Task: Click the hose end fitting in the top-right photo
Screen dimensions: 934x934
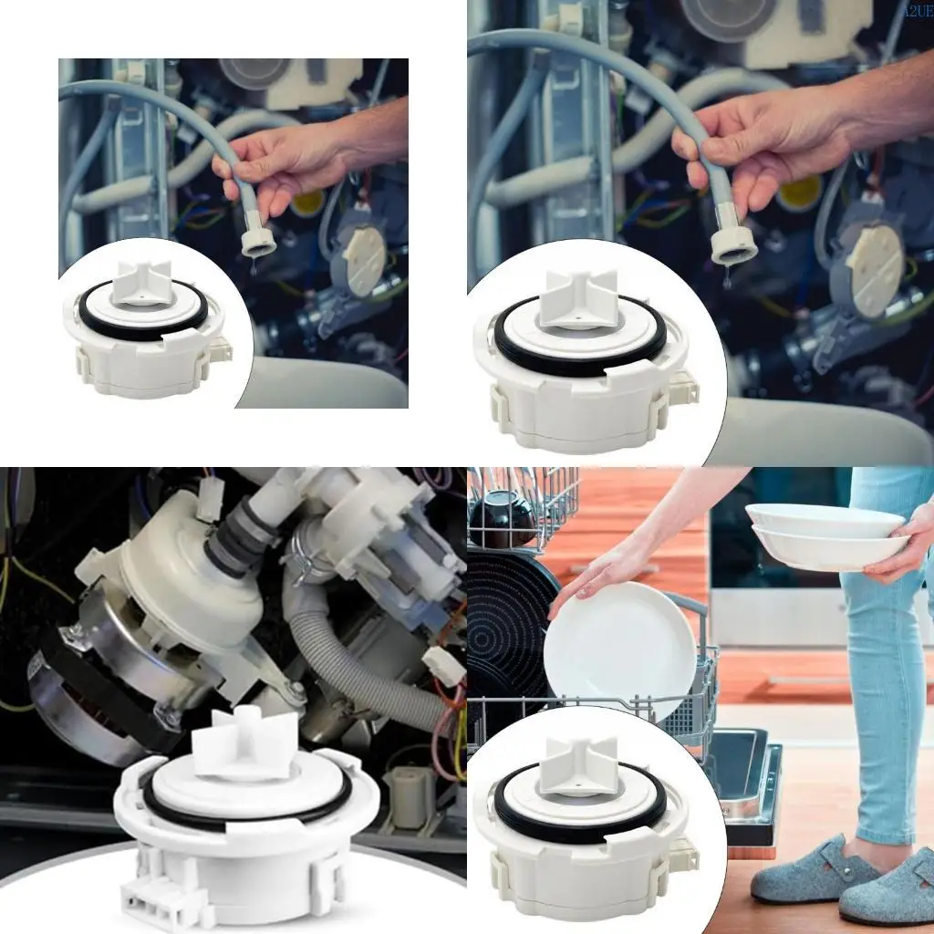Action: point(734,242)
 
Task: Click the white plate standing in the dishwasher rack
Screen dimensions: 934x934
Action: point(620,648)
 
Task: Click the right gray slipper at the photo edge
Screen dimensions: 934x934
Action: point(889,889)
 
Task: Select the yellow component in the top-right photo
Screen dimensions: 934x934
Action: point(800,192)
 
